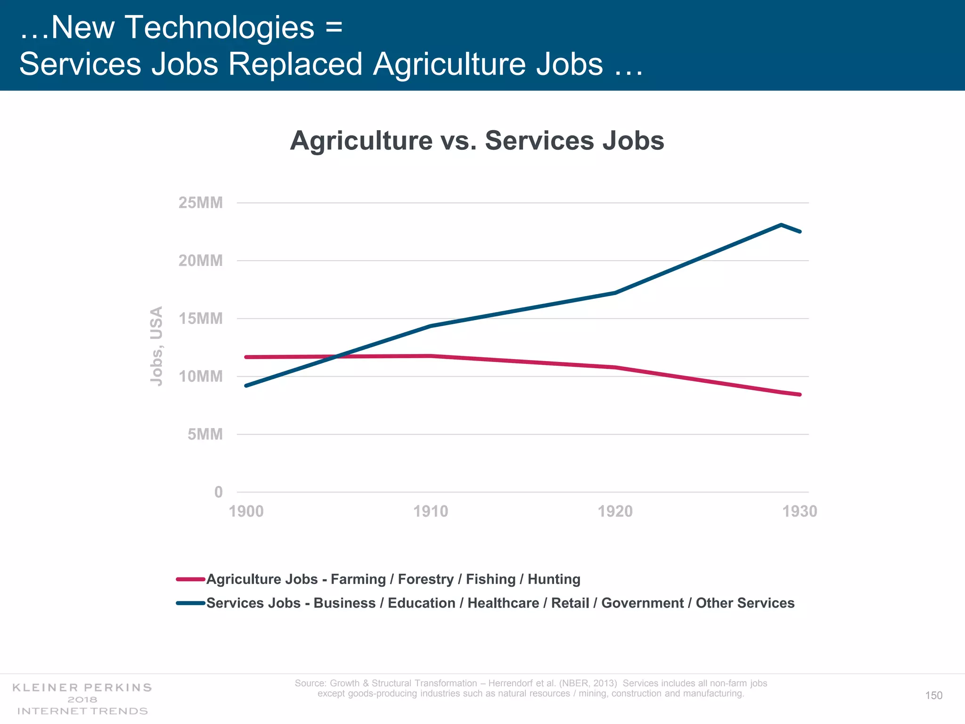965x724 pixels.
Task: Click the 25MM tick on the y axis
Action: (x=200, y=203)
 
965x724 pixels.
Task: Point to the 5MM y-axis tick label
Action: (x=205, y=434)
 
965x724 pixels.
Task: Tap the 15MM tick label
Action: (x=200, y=319)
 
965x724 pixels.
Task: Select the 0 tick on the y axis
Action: (x=218, y=492)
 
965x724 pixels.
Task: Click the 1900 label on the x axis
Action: (x=246, y=511)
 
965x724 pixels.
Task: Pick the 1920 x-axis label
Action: (x=615, y=511)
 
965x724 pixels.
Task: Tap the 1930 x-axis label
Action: (x=800, y=511)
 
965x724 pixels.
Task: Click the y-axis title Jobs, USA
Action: (x=156, y=346)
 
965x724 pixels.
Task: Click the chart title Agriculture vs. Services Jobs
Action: (x=477, y=140)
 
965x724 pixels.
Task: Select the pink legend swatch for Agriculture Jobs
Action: (x=190, y=579)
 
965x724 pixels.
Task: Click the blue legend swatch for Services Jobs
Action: (x=190, y=603)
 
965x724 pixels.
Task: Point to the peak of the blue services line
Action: (x=781, y=225)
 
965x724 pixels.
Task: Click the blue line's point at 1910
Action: (x=431, y=326)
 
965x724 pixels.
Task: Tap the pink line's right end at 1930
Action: (x=800, y=395)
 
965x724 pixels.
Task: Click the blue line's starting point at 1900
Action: (x=246, y=386)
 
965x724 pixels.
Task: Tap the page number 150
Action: (x=933, y=695)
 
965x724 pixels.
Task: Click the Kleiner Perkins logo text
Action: (x=82, y=688)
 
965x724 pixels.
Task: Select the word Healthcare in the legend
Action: (x=503, y=603)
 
